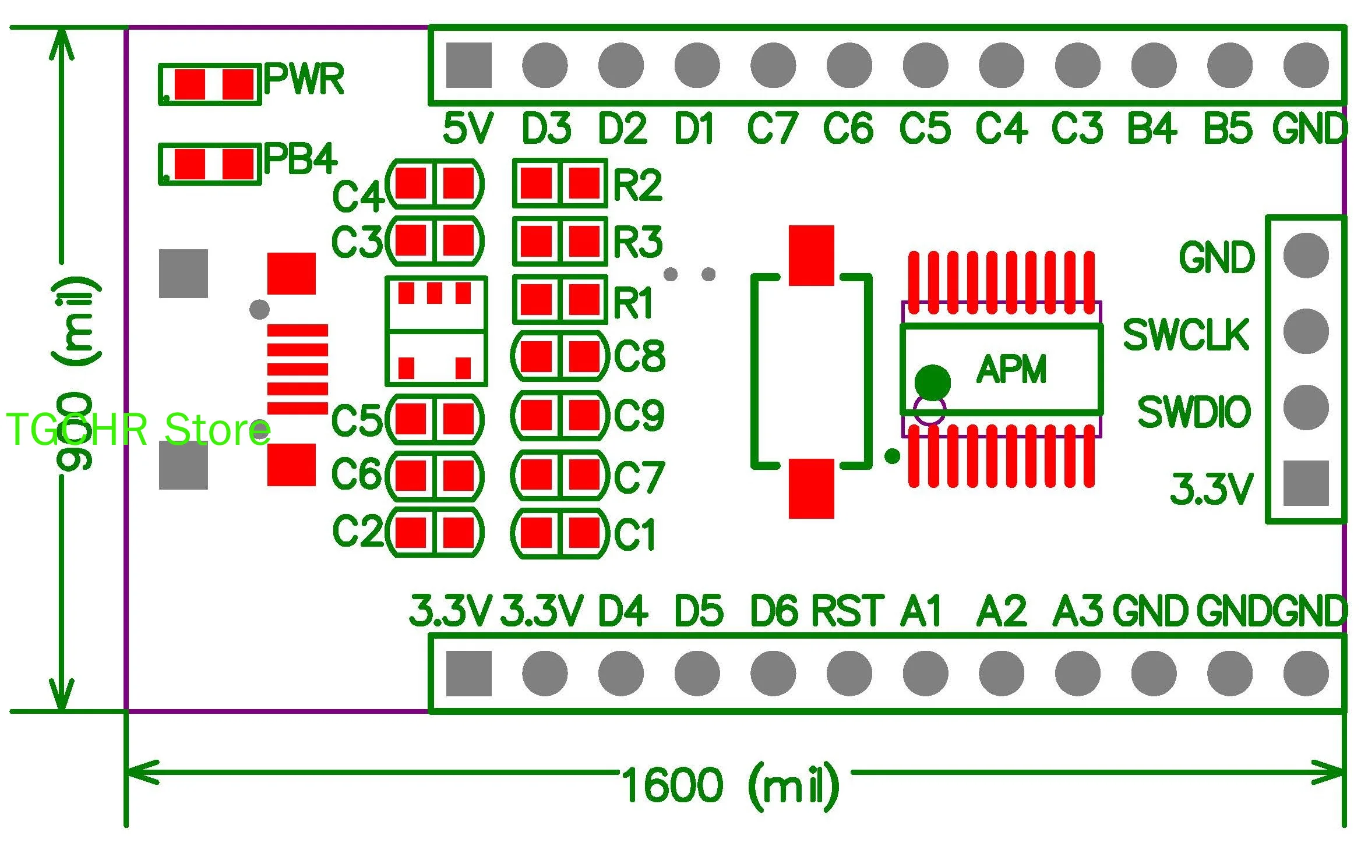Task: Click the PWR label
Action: coord(304,79)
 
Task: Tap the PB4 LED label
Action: coord(300,158)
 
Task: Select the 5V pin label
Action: coord(468,129)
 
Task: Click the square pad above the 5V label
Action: coord(469,65)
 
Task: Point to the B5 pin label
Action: coord(1228,129)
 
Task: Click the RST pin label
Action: coord(847,611)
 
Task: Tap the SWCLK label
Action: coord(1186,335)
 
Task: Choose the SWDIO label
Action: coord(1194,412)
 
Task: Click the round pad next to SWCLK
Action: coord(1306,331)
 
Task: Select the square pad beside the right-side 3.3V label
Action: coord(1306,483)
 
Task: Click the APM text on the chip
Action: coord(1011,370)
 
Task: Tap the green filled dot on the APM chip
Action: coord(932,382)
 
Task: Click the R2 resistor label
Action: coord(638,186)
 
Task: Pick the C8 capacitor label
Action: coord(639,356)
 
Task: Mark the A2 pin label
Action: coord(1001,611)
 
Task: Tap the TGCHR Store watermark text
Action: coord(138,430)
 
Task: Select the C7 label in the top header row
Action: coord(772,129)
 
